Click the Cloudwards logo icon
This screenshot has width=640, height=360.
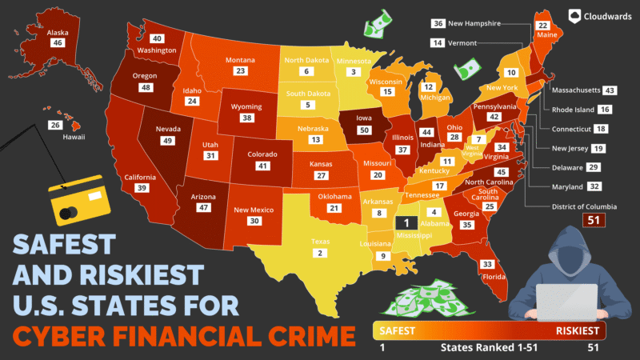tap(574, 14)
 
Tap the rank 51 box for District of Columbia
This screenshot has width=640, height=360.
tap(594, 220)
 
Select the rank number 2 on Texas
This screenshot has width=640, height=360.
tap(321, 253)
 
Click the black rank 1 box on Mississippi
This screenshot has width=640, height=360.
tap(406, 223)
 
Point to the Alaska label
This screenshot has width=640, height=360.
tap(57, 34)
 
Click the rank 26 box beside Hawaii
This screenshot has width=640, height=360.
tap(55, 125)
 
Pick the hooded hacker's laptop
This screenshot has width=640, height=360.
tap(566, 303)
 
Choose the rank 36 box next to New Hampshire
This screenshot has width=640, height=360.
tap(438, 23)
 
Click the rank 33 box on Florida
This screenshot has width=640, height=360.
tap(487, 264)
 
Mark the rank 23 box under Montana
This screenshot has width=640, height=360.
tap(239, 71)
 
